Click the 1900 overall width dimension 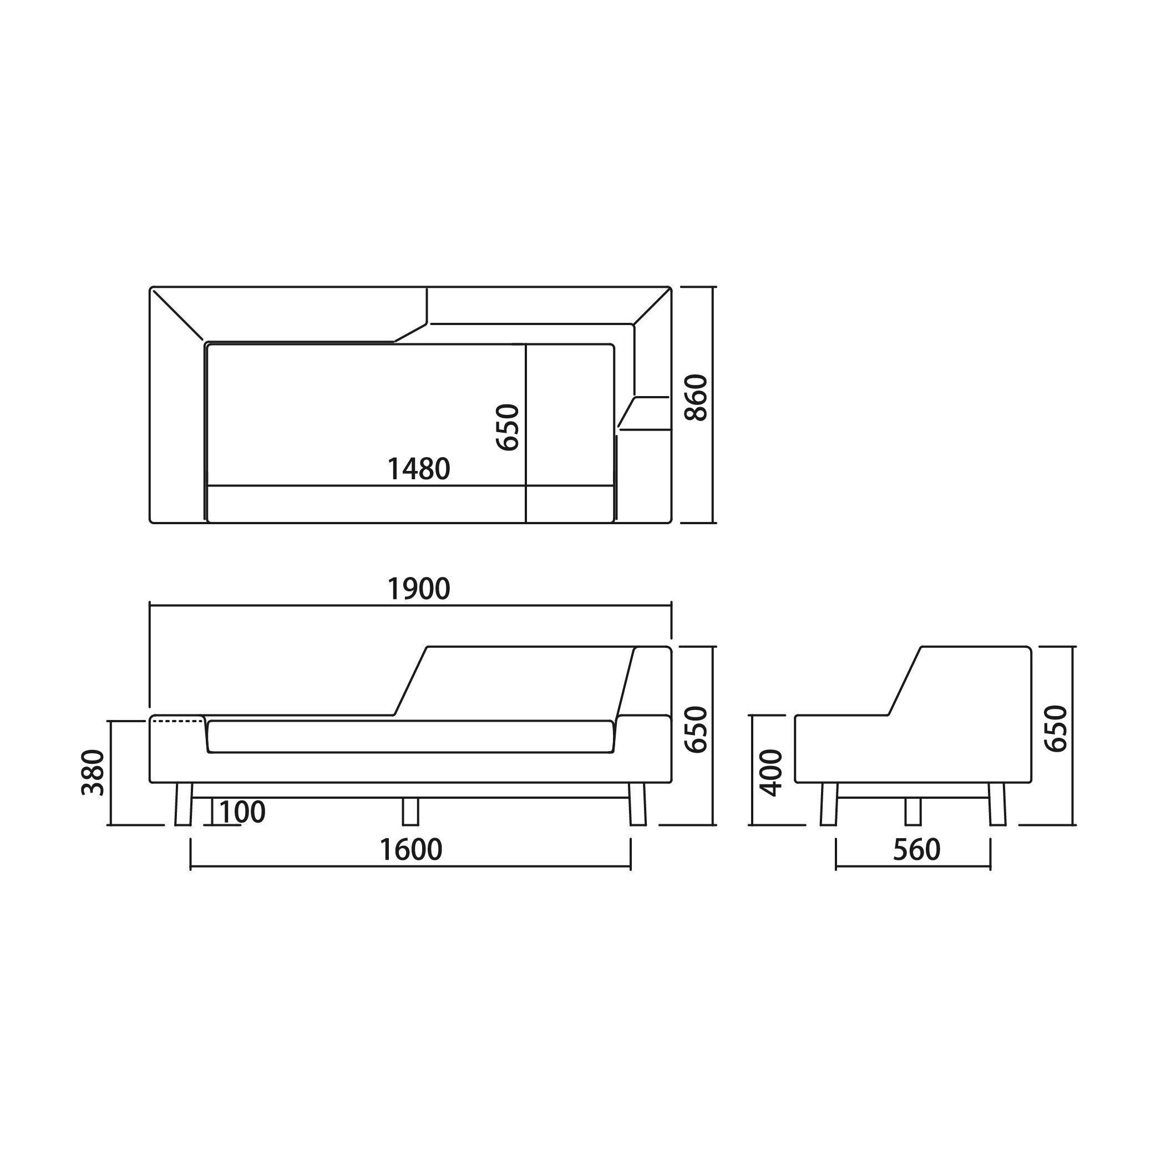coord(419,589)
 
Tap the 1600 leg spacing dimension coord(412,850)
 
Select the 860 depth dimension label coord(696,398)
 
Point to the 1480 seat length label coord(419,469)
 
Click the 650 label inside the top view coord(508,427)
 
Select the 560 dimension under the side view coord(917,850)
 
